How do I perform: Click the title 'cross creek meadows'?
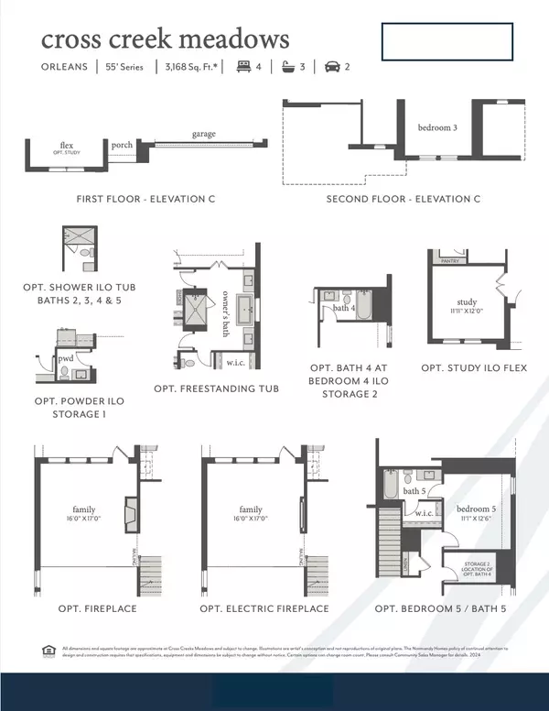click(165, 38)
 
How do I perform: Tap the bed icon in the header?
click(244, 67)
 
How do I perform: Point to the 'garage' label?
click(203, 134)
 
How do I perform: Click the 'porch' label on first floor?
click(122, 145)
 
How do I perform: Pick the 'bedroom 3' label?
click(436, 127)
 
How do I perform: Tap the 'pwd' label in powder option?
click(66, 360)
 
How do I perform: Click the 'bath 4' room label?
click(343, 308)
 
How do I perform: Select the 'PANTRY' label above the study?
click(448, 261)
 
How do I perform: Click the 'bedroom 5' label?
click(474, 509)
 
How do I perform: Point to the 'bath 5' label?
click(414, 491)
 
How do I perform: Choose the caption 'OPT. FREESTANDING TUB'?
click(217, 388)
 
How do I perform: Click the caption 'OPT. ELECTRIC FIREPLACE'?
click(264, 608)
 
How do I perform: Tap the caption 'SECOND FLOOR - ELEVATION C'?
click(404, 199)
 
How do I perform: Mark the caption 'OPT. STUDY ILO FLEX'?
click(474, 367)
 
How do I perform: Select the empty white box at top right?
click(447, 42)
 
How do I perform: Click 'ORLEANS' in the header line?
click(64, 67)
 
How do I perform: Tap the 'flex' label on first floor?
click(67, 145)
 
